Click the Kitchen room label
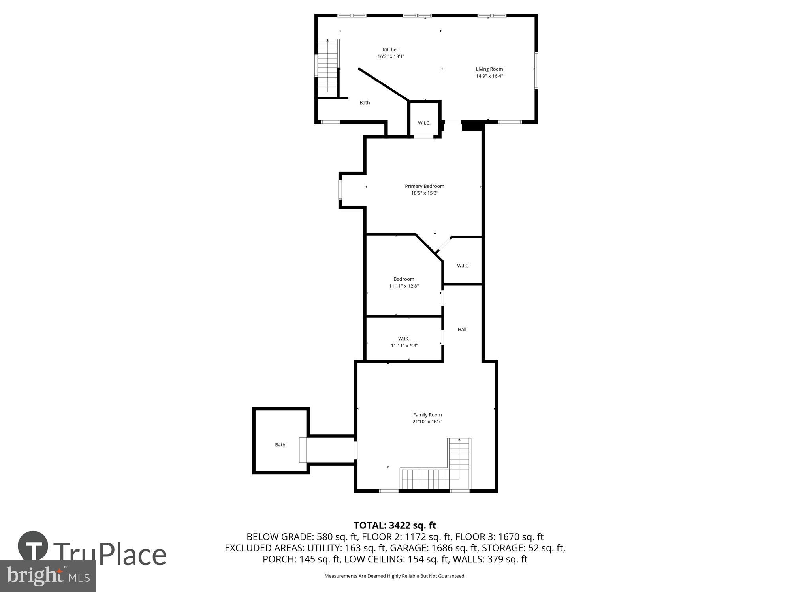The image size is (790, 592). click(x=391, y=50)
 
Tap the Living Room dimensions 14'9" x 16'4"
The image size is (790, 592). click(x=489, y=76)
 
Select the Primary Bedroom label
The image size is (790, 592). click(x=424, y=186)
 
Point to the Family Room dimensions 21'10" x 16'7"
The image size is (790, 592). click(x=427, y=422)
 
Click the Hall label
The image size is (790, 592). click(x=462, y=329)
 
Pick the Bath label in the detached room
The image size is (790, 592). click(x=280, y=445)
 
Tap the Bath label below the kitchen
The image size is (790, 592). click(x=364, y=103)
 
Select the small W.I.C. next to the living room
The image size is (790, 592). click(x=424, y=123)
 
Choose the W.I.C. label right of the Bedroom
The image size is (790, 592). click(x=463, y=266)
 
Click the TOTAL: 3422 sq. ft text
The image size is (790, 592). click(x=395, y=525)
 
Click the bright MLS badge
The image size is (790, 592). click(x=48, y=576)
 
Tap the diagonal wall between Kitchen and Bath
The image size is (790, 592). click(x=383, y=84)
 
